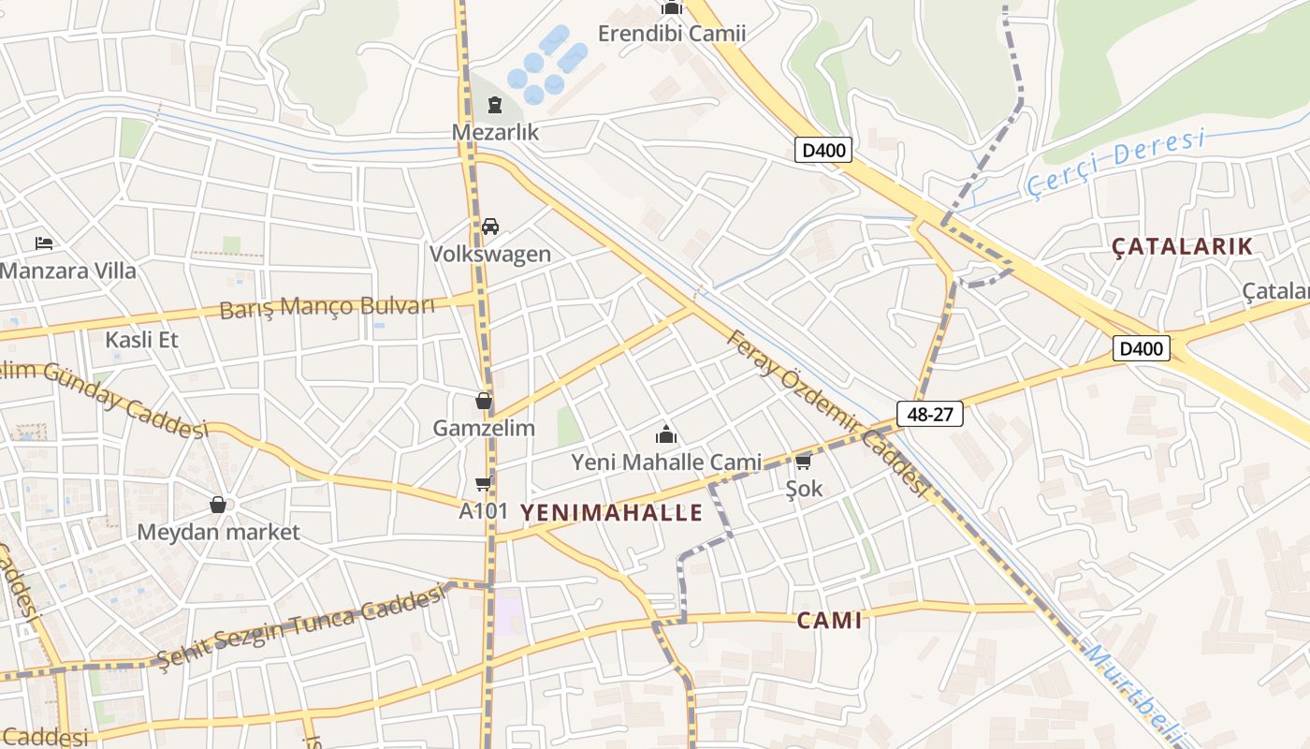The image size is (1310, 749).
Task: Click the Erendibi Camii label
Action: click(x=672, y=34)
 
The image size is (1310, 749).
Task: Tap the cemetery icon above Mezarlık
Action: click(x=495, y=105)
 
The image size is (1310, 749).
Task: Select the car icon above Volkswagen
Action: click(x=490, y=227)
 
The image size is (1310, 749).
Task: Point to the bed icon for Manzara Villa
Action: click(x=44, y=243)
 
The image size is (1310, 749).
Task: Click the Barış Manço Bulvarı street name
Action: click(x=327, y=307)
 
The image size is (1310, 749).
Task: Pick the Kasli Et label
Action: click(x=141, y=339)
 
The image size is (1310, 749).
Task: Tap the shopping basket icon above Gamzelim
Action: click(x=484, y=401)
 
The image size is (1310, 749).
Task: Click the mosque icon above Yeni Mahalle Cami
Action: click(x=666, y=434)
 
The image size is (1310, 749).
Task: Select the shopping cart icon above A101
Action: click(x=484, y=484)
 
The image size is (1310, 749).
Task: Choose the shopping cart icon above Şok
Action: click(x=803, y=462)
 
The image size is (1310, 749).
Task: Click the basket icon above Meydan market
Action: click(x=218, y=505)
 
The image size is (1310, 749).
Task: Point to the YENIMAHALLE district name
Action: click(x=611, y=512)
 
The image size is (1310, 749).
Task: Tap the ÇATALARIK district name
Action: click(x=1182, y=246)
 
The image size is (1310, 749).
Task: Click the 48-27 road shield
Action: click(x=929, y=414)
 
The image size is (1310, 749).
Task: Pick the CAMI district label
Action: click(x=829, y=620)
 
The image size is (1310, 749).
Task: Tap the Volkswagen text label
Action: click(x=490, y=254)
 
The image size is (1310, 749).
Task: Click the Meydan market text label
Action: click(x=218, y=533)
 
